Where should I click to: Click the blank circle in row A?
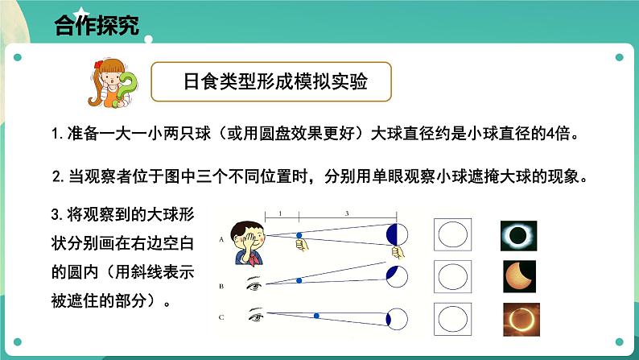(452, 236)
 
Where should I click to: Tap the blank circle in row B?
(452, 276)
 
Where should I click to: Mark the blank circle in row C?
(452, 316)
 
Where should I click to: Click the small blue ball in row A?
(299, 237)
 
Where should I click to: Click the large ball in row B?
(397, 276)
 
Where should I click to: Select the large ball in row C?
(398, 316)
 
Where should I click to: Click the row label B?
(221, 285)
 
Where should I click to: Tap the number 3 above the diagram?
(347, 211)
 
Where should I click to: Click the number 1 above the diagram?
(278, 211)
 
